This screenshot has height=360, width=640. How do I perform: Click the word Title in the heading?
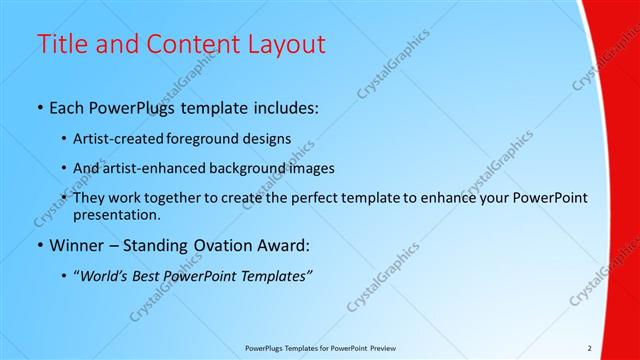(x=62, y=44)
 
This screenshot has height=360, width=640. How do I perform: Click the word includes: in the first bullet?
(x=284, y=108)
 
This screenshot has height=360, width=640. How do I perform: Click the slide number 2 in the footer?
(x=589, y=348)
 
